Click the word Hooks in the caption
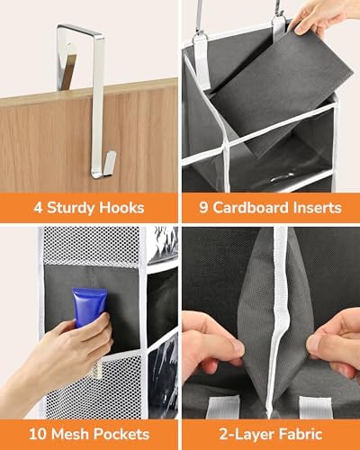click(x=122, y=208)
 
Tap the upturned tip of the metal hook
click(x=107, y=162)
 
